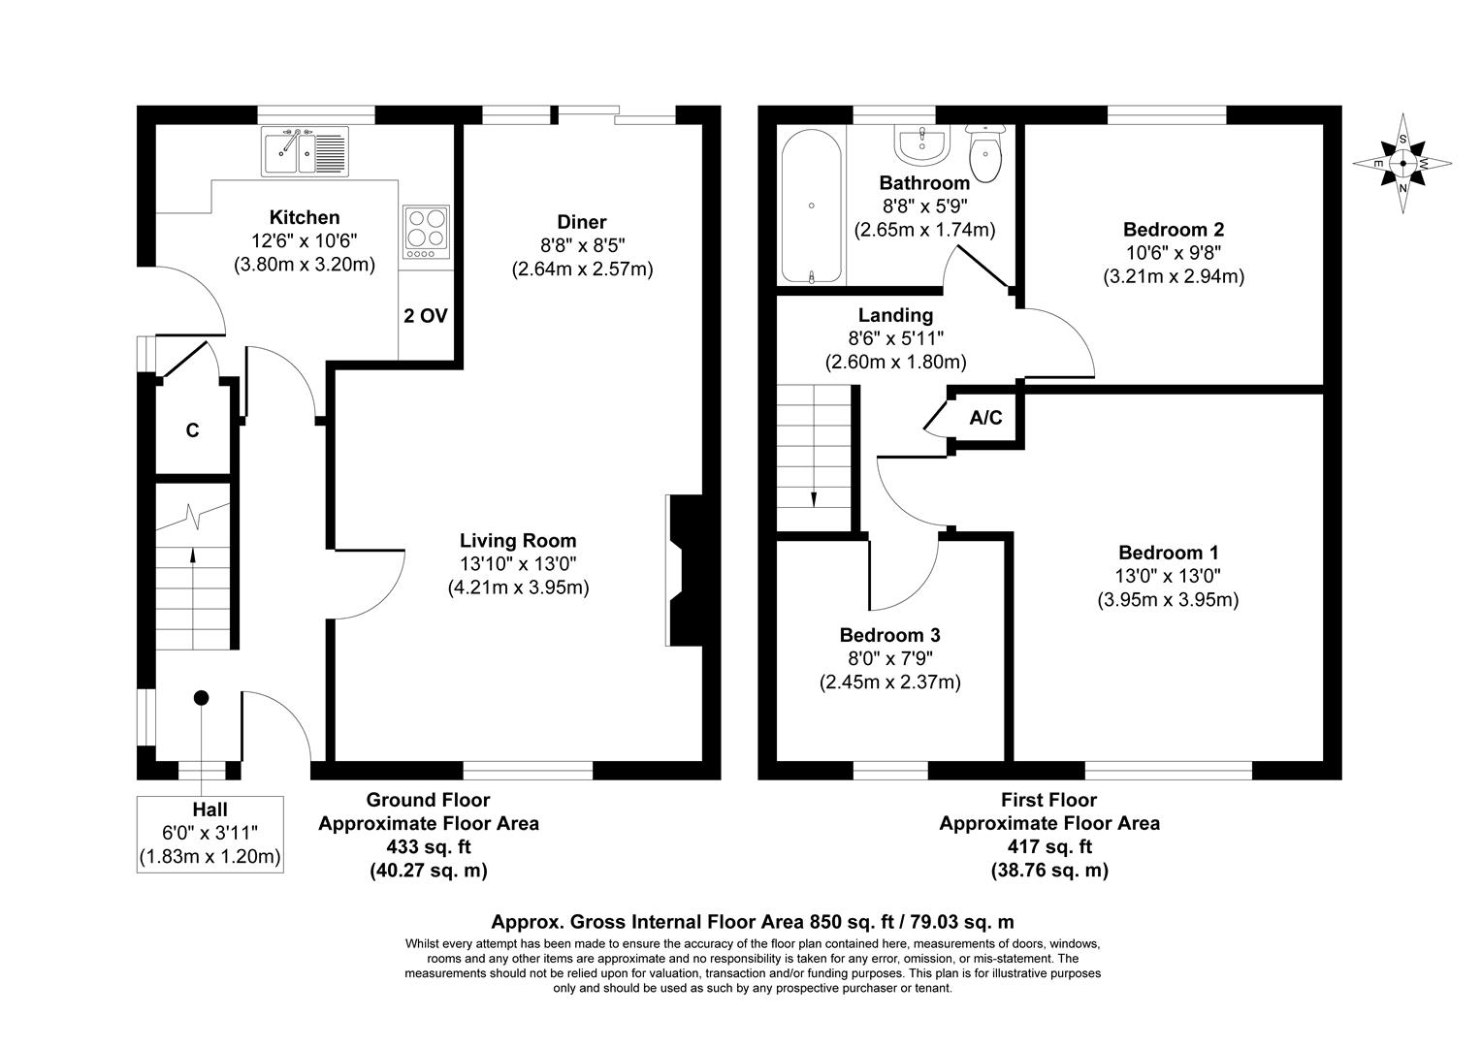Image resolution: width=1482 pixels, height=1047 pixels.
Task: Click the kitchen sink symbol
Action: (304, 151)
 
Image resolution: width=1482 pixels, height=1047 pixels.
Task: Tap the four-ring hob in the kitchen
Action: (426, 232)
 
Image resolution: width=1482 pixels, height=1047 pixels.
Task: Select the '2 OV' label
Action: (426, 316)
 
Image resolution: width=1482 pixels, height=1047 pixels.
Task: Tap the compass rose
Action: (1402, 163)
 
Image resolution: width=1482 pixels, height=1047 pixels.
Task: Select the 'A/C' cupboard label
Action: (985, 418)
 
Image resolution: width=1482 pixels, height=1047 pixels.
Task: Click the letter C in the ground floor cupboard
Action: (192, 430)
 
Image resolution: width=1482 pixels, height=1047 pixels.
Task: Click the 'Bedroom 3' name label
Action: (889, 636)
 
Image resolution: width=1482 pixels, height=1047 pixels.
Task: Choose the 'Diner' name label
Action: (582, 222)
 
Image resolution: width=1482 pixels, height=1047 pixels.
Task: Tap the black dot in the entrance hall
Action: (201, 697)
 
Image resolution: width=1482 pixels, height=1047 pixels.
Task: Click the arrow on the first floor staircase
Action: (813, 498)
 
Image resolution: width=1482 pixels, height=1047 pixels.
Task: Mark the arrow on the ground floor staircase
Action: (192, 555)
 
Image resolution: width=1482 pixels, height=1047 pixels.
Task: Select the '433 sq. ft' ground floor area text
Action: (429, 847)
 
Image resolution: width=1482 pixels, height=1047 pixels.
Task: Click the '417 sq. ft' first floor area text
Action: (1048, 847)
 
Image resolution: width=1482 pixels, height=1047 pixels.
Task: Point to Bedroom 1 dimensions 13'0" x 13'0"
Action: (1168, 576)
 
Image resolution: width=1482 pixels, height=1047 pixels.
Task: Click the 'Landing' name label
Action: (895, 315)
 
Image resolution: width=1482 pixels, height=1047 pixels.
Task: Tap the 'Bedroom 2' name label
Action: (1173, 230)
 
